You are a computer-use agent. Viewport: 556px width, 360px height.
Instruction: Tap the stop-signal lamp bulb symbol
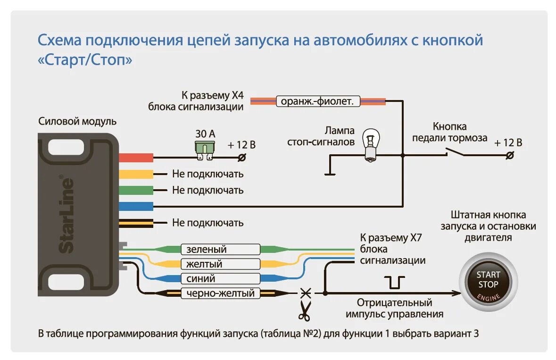(371, 146)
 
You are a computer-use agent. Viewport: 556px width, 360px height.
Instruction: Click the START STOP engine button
(488, 284)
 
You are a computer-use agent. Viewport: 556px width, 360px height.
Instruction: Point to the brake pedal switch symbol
(453, 151)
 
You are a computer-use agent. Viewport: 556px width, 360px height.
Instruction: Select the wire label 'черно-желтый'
(220, 293)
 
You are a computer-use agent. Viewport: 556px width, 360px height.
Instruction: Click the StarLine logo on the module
(67, 215)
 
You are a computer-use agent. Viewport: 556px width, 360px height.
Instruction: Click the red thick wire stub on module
(136, 158)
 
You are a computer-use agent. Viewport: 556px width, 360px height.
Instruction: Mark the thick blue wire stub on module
(136, 206)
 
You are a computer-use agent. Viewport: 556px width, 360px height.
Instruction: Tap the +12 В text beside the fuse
(242, 145)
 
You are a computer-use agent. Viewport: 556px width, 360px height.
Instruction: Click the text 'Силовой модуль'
(77, 122)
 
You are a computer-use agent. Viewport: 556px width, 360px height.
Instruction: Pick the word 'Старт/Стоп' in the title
(85, 60)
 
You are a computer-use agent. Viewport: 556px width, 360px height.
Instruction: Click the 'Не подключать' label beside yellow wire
(208, 174)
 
